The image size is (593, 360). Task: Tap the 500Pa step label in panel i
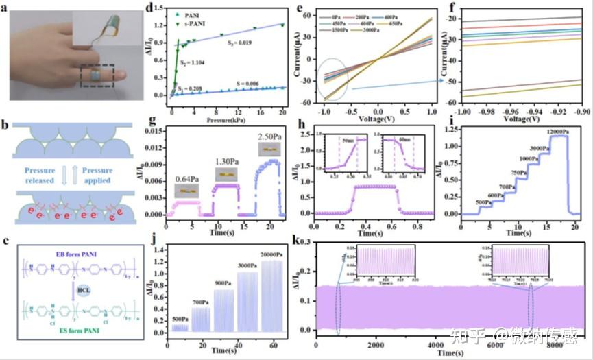466,202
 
